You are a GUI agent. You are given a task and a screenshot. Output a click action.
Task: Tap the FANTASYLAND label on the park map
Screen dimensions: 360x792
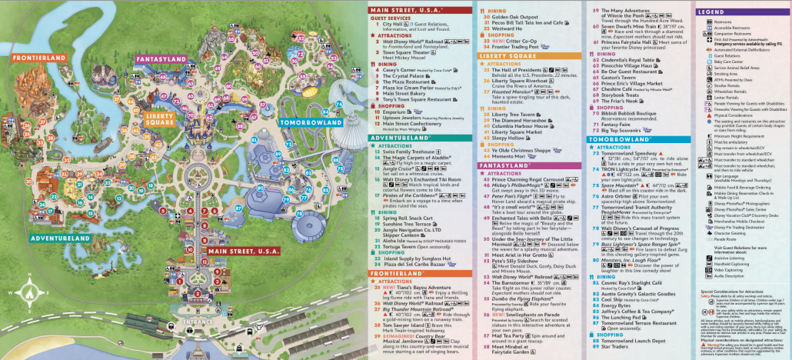coord(163,58)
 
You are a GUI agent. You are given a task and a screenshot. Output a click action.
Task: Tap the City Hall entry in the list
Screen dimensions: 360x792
coord(391,24)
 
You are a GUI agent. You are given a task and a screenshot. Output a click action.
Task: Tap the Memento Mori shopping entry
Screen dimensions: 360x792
coord(517,156)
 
